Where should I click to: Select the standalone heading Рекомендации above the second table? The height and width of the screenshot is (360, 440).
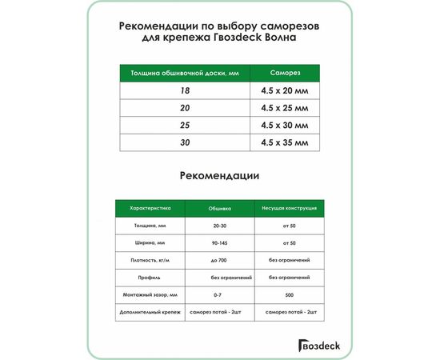tap(220, 175)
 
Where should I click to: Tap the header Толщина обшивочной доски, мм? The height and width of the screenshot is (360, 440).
tap(184, 74)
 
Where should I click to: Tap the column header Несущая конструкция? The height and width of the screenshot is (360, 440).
tap(289, 208)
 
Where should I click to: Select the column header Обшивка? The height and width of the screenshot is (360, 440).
tap(219, 208)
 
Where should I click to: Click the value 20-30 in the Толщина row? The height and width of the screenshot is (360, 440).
tap(219, 226)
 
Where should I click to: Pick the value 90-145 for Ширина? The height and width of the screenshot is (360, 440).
tap(219, 242)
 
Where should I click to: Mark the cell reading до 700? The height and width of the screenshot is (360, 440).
tap(219, 260)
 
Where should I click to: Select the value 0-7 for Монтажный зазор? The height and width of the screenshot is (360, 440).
tap(219, 294)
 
